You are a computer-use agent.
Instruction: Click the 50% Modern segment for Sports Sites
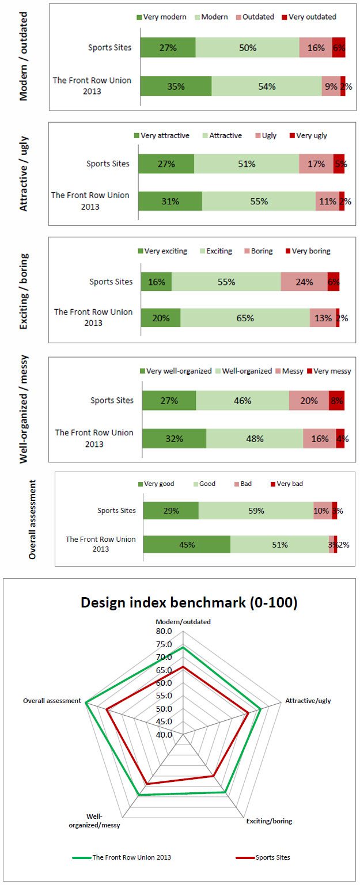click(248, 48)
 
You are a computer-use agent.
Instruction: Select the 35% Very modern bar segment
click(176, 86)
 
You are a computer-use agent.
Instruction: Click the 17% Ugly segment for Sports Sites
click(316, 164)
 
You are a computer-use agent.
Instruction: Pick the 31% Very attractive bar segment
click(170, 201)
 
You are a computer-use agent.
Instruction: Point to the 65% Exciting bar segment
click(245, 318)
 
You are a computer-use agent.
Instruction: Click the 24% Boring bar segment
click(304, 282)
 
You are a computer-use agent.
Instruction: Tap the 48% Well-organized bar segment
click(255, 438)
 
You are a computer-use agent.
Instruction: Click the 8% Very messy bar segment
click(336, 400)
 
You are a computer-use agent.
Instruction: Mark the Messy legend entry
click(290, 371)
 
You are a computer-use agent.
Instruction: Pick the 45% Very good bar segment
click(187, 545)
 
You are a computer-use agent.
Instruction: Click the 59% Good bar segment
click(256, 510)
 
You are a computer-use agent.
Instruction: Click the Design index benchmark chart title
click(189, 603)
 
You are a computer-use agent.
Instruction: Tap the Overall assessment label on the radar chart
click(52, 701)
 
